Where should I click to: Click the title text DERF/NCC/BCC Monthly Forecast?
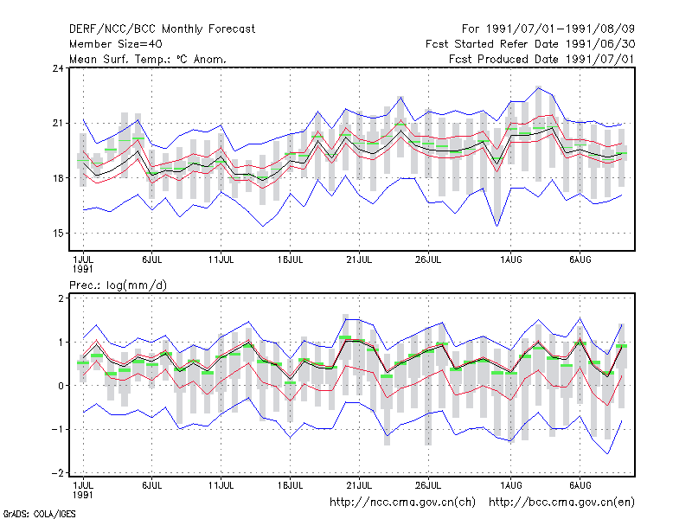pyautogui.click(x=162, y=29)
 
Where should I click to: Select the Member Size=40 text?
pyautogui.click(x=116, y=44)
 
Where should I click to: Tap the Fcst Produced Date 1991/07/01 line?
pyautogui.click(x=541, y=59)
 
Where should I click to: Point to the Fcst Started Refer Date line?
pyautogui.click(x=530, y=44)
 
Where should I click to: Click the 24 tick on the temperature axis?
pyautogui.click(x=58, y=68)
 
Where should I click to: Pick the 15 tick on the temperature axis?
pyautogui.click(x=58, y=233)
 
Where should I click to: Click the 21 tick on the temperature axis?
pyautogui.click(x=58, y=123)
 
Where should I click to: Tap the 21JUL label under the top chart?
pyautogui.click(x=359, y=260)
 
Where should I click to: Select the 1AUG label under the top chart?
pyautogui.click(x=510, y=260)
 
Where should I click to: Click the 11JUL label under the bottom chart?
pyautogui.click(x=221, y=485)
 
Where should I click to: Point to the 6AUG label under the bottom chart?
pyautogui.click(x=580, y=485)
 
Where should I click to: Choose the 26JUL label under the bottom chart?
pyautogui.click(x=428, y=485)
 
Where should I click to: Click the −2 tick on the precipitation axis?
pyautogui.click(x=58, y=473)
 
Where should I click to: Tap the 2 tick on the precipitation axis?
pyautogui.click(x=61, y=298)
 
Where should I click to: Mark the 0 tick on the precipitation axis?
pyautogui.click(x=61, y=386)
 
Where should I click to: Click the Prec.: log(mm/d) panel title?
pyautogui.click(x=119, y=285)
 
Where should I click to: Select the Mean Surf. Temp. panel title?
pyautogui.click(x=148, y=59)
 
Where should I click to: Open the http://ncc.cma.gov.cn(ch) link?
pyautogui.click(x=402, y=503)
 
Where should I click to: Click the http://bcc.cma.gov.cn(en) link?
pyautogui.click(x=561, y=503)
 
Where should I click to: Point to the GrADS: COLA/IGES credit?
pyautogui.click(x=39, y=514)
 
